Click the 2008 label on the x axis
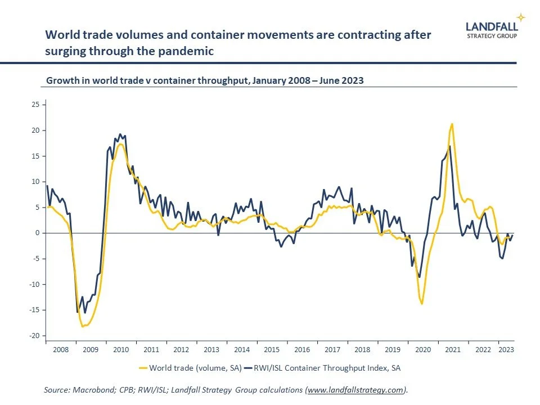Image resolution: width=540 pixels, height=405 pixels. pos(60,349)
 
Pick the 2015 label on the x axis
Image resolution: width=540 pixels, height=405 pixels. pos(272,349)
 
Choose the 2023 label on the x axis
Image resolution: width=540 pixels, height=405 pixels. pos(505,349)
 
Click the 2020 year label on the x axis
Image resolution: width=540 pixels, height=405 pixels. pos(422,349)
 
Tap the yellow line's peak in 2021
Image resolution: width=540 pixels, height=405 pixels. pos(452,124)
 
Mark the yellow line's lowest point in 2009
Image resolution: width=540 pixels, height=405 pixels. pos(83,326)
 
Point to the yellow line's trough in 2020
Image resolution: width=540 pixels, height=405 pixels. pos(422,304)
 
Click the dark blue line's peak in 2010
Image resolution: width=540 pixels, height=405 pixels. pos(120,134)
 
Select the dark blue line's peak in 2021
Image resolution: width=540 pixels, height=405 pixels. pos(449,146)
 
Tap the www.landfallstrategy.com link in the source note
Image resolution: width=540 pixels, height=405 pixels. pos(355,390)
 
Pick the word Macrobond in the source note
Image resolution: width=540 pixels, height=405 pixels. pos(90,390)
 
